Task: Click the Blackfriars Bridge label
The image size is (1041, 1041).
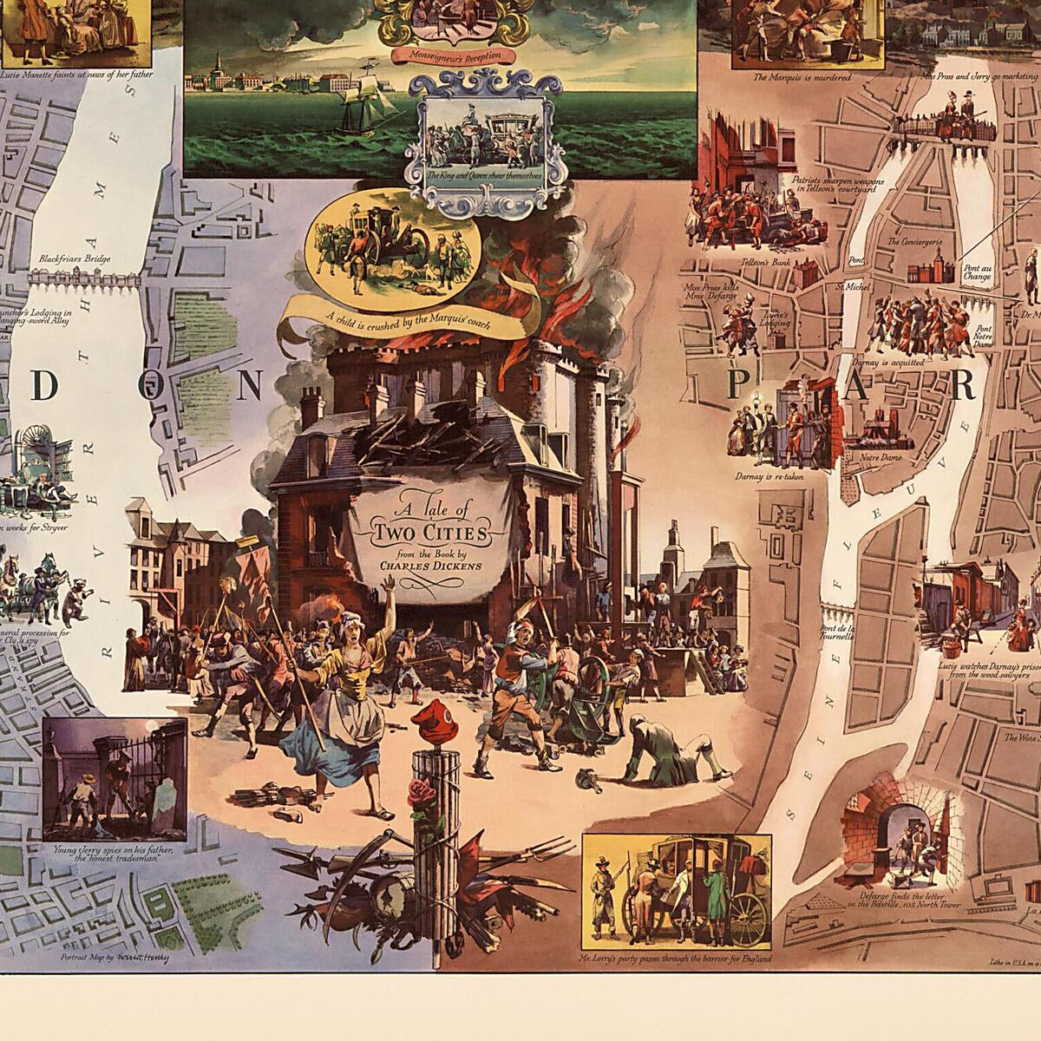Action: coord(73,259)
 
